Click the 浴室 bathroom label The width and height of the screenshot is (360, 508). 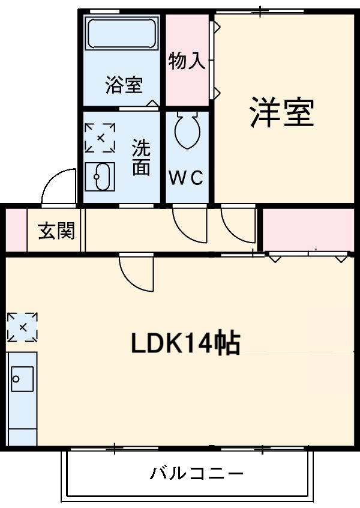click(124, 86)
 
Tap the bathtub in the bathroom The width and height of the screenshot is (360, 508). click(122, 34)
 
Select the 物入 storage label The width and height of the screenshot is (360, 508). click(187, 61)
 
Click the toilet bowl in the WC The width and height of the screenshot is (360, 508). click(188, 130)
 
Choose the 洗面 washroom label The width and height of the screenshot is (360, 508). click(141, 157)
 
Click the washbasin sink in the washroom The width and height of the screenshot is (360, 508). click(100, 177)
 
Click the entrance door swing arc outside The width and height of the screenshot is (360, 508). click(59, 186)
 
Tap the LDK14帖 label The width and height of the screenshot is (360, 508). click(185, 344)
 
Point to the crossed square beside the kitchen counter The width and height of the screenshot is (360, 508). click(22, 327)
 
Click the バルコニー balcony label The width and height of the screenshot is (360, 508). click(197, 474)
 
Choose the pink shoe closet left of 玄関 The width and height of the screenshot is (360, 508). click(16, 230)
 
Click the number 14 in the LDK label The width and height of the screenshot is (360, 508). click(206, 344)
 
